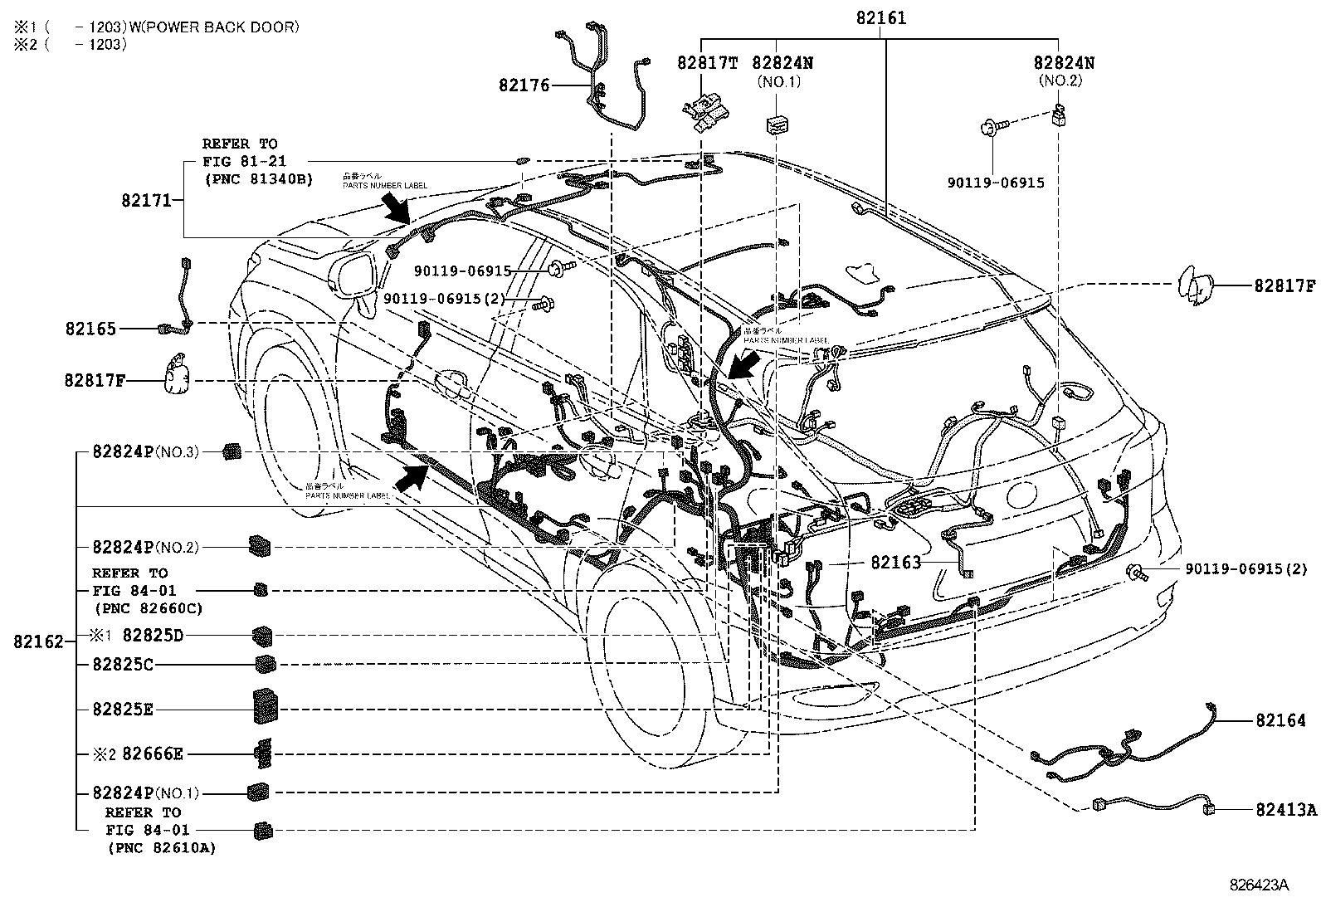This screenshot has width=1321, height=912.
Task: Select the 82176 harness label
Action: point(524,85)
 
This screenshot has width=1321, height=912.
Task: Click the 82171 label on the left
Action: point(146,200)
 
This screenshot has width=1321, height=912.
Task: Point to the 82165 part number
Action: point(90,329)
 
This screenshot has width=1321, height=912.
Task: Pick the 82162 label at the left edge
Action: point(38,641)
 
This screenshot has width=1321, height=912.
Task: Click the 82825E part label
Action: point(123,710)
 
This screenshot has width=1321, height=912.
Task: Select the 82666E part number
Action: point(152,754)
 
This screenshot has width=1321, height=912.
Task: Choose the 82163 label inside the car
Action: point(895,563)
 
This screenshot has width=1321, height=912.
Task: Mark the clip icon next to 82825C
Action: point(266,664)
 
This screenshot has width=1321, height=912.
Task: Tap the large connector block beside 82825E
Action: point(266,707)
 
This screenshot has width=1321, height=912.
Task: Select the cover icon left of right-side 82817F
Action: point(1194,286)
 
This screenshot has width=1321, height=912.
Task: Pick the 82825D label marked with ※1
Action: point(152,636)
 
